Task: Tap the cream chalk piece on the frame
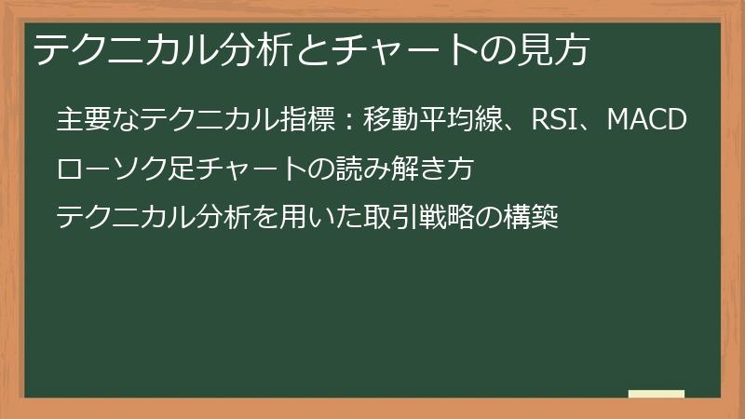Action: pos(656,394)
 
